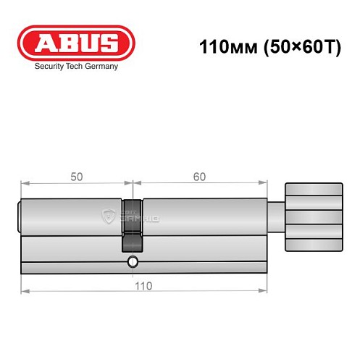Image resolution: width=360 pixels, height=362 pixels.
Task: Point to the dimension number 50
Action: coord(75,177)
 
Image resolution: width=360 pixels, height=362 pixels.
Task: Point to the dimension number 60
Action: coord(200,177)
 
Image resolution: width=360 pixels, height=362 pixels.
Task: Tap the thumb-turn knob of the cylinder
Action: coord(313,216)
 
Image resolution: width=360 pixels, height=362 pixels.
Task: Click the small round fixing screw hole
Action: coord(132,262)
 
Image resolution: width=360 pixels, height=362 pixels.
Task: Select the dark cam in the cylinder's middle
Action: coord(133,217)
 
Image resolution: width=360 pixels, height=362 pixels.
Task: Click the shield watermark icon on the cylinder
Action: coord(109,215)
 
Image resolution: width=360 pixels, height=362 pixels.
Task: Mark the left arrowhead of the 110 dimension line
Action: coord(24,291)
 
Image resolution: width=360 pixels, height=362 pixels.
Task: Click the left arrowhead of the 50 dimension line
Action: coord(24,182)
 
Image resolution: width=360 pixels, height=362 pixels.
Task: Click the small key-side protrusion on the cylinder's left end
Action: coord(20,216)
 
